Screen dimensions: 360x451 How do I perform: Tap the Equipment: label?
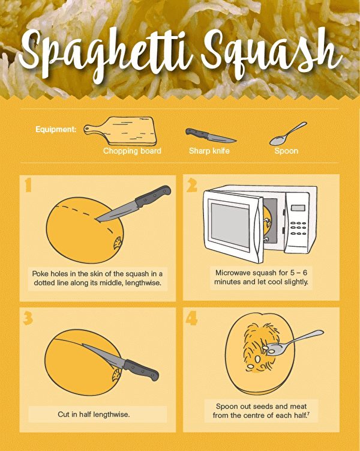56,130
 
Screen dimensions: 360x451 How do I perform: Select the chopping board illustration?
120,131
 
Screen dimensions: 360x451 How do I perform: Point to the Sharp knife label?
209,151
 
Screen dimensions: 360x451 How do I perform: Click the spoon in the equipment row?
288,133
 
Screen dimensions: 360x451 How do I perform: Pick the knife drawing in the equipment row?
211,136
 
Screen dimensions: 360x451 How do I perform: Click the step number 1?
28,184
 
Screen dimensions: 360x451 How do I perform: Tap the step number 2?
192,184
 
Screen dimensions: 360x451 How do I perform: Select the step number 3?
28,318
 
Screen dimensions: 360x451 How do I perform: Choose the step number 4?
191,318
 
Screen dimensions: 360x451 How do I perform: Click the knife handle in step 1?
153,196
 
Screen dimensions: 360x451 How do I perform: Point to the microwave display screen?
298,208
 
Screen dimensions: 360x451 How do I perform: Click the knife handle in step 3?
141,369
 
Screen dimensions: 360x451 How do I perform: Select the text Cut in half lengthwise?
94,414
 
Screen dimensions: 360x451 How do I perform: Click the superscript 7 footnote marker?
308,414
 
